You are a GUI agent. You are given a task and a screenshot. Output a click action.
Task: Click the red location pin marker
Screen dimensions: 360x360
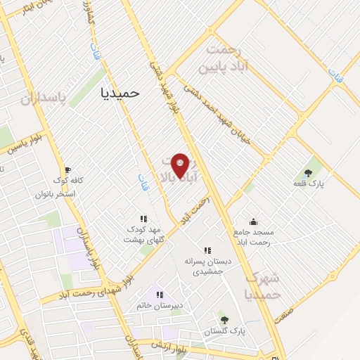pyautogui.click(x=181, y=165)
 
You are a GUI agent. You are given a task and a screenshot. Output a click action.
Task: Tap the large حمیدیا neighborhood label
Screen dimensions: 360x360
pyautogui.click(x=120, y=91)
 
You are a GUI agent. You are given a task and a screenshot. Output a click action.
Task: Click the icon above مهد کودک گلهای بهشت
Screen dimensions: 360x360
pyautogui.click(x=143, y=219)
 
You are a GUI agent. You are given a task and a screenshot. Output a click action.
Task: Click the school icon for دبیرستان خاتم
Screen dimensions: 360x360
pyautogui.click(x=159, y=294)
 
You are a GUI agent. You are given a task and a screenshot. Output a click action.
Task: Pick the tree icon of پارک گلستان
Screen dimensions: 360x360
pyautogui.click(x=224, y=319)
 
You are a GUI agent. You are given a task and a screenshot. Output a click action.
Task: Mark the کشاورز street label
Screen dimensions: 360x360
pyautogui.click(x=89, y=13)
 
